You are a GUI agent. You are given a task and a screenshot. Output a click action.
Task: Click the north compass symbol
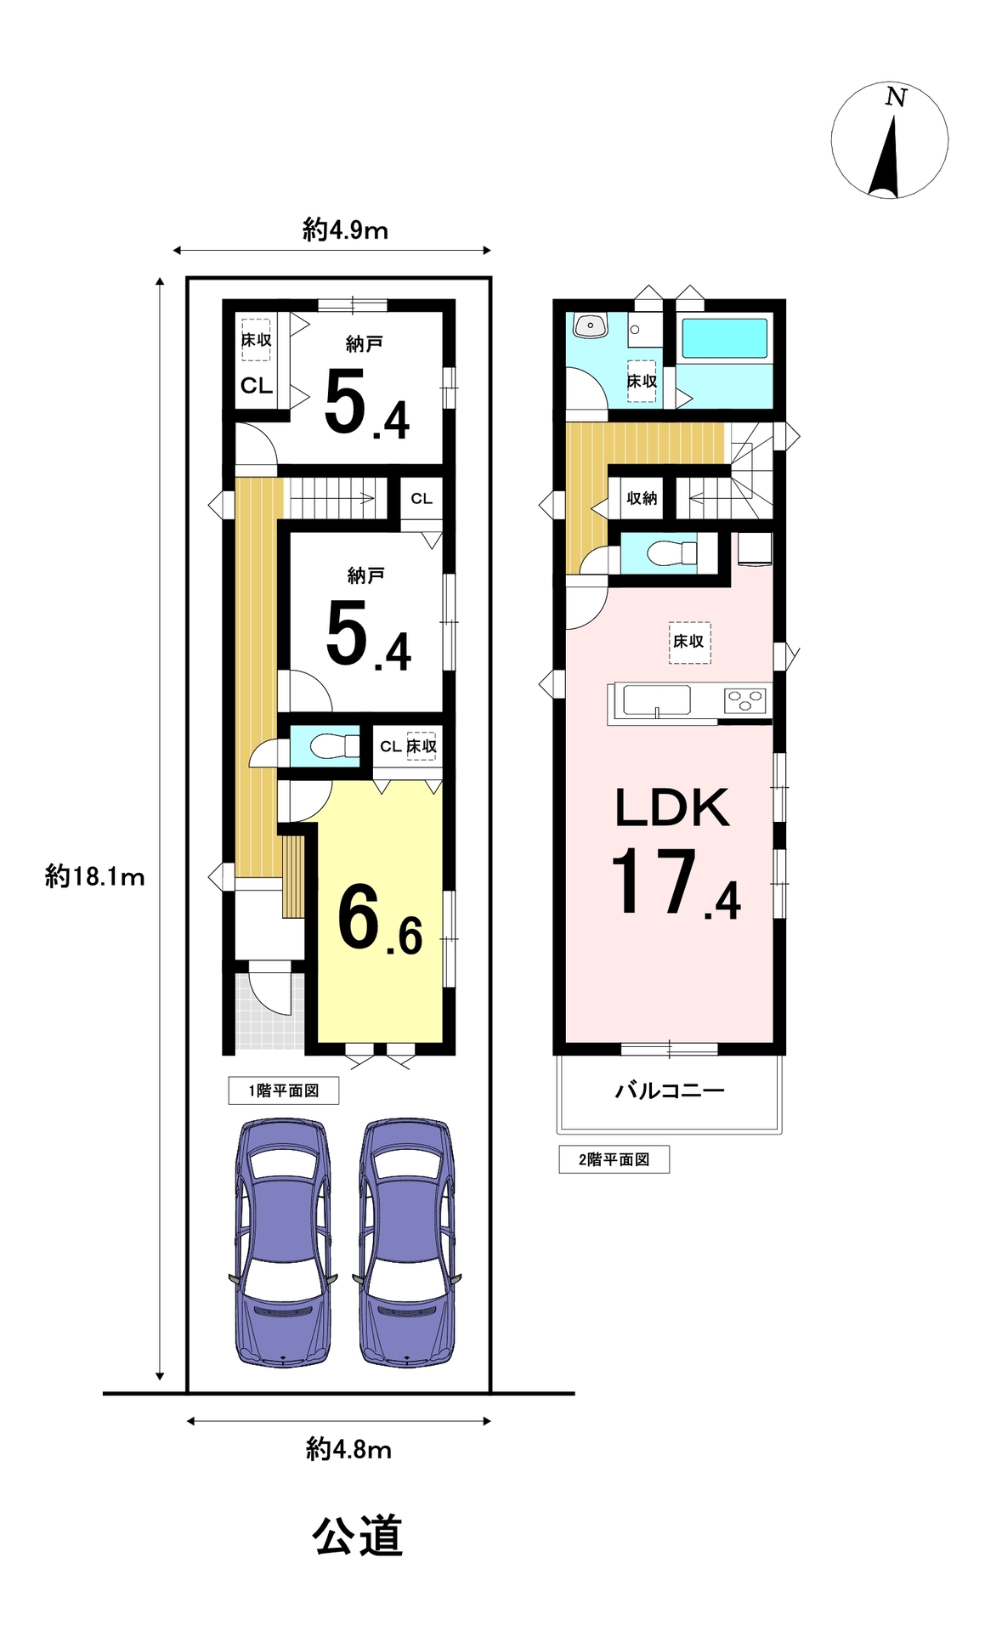click(x=889, y=140)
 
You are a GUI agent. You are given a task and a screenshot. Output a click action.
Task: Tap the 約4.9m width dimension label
click(x=345, y=229)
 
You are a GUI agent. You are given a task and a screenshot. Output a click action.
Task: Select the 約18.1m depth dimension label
click(x=94, y=875)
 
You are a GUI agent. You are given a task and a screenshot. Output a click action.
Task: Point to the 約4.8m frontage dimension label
click(x=348, y=1448)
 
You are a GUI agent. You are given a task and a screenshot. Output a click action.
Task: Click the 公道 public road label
click(x=357, y=1537)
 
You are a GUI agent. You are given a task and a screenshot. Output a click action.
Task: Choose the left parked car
click(x=282, y=1242)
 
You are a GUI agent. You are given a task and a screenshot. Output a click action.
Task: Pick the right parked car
click(x=407, y=1242)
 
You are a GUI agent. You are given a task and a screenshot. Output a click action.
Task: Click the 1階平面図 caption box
click(x=284, y=1090)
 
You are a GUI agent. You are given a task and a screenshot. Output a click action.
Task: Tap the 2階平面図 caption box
click(x=614, y=1159)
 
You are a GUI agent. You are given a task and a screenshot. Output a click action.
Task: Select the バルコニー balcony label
click(x=670, y=1090)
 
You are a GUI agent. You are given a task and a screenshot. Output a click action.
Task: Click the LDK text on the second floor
click(x=671, y=807)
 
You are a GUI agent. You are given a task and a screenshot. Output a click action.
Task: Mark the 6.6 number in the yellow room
click(x=380, y=920)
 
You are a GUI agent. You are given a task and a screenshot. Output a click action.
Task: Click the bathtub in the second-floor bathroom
click(x=725, y=337)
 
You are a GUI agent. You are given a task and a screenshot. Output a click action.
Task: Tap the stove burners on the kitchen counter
click(x=745, y=700)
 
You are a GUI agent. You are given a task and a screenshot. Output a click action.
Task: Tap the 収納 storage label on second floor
click(x=642, y=498)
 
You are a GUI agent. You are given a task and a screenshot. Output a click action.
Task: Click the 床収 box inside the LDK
click(x=689, y=641)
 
